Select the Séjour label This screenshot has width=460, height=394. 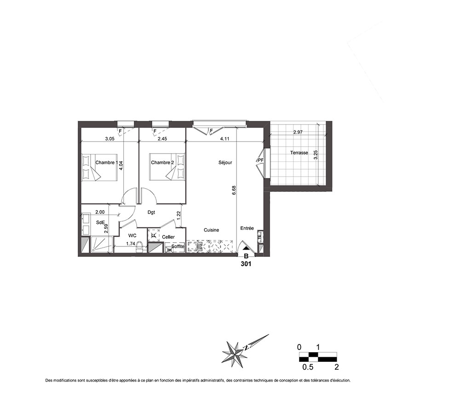pyautogui.click(x=225, y=162)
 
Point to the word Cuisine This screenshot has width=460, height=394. pyautogui.click(x=212, y=230)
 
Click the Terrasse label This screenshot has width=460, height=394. pyautogui.click(x=299, y=153)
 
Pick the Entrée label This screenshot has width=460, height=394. pyautogui.click(x=247, y=228)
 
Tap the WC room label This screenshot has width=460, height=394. pyautogui.click(x=132, y=235)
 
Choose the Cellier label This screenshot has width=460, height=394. pyautogui.click(x=168, y=237)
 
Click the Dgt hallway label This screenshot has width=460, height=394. pyautogui.click(x=151, y=212)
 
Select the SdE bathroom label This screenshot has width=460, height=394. pyautogui.click(x=100, y=222)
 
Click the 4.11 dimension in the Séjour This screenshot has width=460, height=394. pyautogui.click(x=225, y=139)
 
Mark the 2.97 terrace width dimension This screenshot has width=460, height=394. pyautogui.click(x=298, y=132)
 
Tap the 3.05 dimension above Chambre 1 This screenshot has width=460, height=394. pyautogui.click(x=109, y=139)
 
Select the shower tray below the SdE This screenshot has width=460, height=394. pyautogui.click(x=101, y=245)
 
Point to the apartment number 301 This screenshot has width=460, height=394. pyautogui.click(x=246, y=264)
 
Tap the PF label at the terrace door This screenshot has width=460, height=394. pyautogui.click(x=260, y=160)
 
